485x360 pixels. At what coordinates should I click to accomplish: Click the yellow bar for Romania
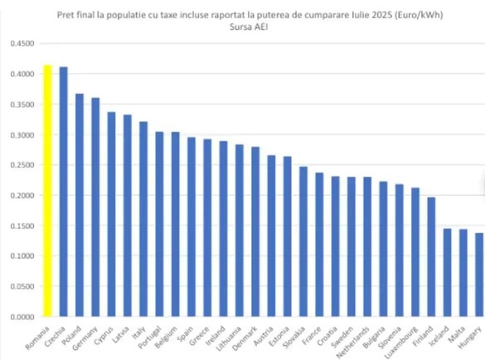[x=47, y=191]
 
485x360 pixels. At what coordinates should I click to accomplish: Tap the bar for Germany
[x=95, y=207]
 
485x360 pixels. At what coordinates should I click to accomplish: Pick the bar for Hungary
[x=479, y=275]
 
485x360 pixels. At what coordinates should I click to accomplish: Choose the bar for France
[x=319, y=256]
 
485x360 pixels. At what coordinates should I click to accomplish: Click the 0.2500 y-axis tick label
[x=22, y=165]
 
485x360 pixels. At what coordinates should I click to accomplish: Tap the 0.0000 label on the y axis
[x=22, y=317]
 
